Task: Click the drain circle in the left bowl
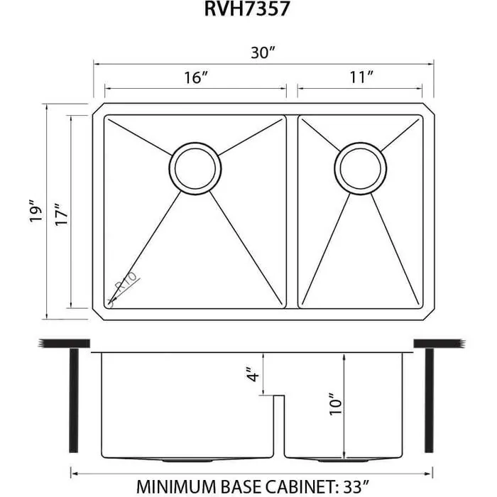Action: click(195, 168)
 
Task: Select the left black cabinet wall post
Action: click(72, 401)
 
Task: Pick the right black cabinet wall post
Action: click(428, 401)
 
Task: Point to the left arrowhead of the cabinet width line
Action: click(73, 472)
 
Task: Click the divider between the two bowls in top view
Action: click(292, 212)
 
